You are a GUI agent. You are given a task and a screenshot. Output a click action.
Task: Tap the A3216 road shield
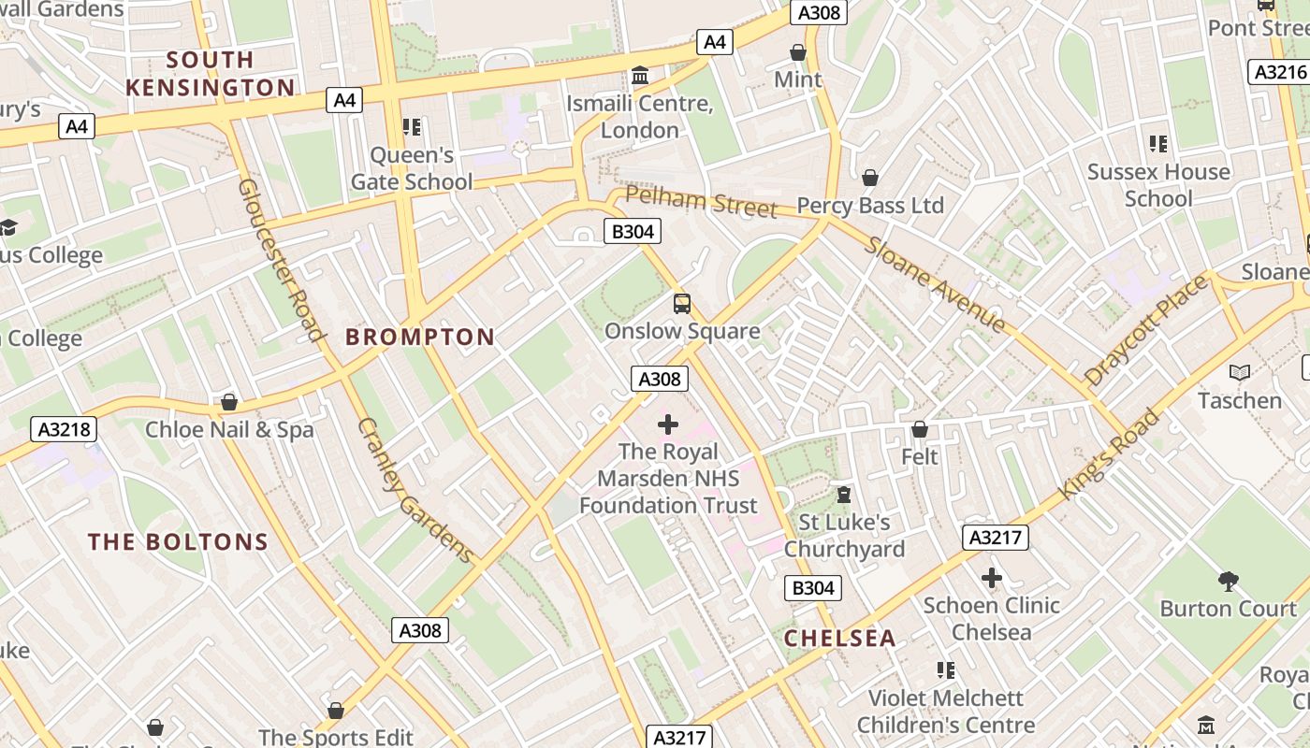click(x=1278, y=72)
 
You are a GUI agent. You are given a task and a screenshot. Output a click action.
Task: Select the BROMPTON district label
click(x=420, y=338)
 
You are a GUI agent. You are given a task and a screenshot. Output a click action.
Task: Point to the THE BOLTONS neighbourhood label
click(x=178, y=542)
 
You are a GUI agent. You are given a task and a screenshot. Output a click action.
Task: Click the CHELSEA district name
click(x=839, y=639)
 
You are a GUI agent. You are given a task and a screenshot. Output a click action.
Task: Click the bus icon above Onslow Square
click(x=682, y=303)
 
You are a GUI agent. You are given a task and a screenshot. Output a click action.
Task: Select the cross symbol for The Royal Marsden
click(x=668, y=424)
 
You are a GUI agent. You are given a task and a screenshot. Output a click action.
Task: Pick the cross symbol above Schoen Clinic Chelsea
click(x=992, y=578)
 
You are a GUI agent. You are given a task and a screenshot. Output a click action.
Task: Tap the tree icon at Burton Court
click(x=1229, y=582)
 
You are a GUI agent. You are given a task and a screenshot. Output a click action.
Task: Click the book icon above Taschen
click(x=1240, y=373)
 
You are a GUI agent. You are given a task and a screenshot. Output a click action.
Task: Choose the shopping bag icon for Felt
click(x=920, y=429)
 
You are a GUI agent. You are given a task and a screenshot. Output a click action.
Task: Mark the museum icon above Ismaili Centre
click(x=640, y=75)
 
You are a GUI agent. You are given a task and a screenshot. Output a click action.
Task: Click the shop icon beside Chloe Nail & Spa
click(x=229, y=403)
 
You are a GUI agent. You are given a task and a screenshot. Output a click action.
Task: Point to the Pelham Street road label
click(x=701, y=201)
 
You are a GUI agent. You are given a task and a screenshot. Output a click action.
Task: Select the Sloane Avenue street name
click(x=935, y=284)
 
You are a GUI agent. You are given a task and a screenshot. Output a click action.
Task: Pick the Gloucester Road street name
click(x=280, y=259)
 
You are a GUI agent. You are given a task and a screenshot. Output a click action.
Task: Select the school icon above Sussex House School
click(x=1158, y=144)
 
